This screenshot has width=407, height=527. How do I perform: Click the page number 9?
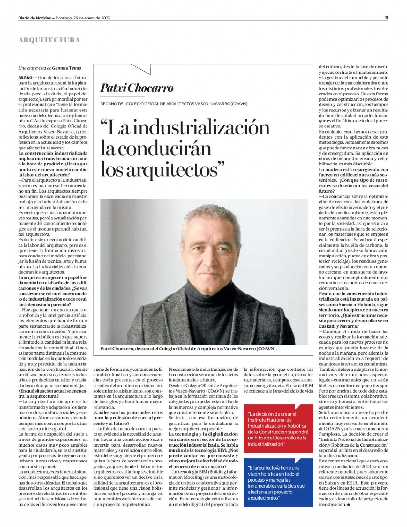pyautogui.click(x=387, y=18)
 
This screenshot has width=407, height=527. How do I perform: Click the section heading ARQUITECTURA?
pyautogui.click(x=49, y=40)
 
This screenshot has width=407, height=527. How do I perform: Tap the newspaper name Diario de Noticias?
pyautogui.click(x=34, y=18)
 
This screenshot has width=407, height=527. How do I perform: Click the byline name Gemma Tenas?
pyautogui.click(x=67, y=68)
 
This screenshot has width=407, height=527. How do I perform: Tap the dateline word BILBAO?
pyautogui.click(x=25, y=78)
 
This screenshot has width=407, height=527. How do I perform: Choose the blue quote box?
pyautogui.click(x=278, y=483)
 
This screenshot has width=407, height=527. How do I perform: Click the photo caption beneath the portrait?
pyautogui.click(x=188, y=349)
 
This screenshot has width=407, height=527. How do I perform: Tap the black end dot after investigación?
pyautogui.click(x=348, y=504)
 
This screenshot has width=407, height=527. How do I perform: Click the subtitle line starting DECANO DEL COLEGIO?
pyautogui.click(x=174, y=104)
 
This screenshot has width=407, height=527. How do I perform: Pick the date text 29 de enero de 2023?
pyautogui.click(x=83, y=18)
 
